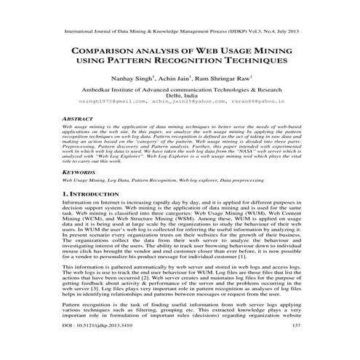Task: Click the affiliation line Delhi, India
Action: (x=180, y=95)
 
